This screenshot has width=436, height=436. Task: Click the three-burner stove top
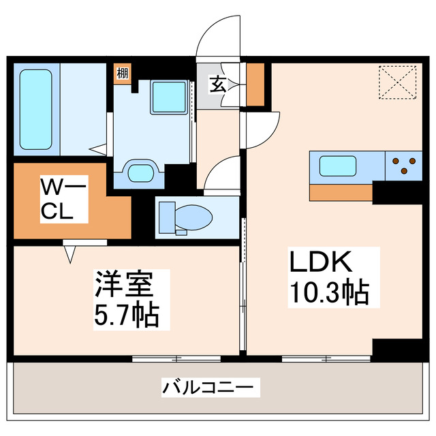click(404, 166)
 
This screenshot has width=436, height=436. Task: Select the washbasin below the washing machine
click(141, 172)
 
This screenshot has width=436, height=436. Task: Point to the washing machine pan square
click(167, 97)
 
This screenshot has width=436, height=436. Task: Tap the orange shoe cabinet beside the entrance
click(255, 84)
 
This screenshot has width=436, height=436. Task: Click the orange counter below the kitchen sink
click(341, 193)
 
